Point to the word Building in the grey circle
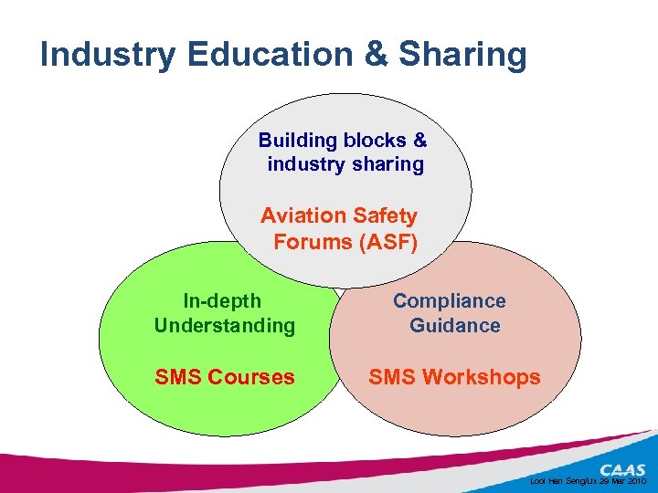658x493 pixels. pyautogui.click(x=298, y=141)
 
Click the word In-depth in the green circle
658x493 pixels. pyautogui.click(x=222, y=301)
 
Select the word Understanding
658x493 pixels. pyautogui.click(x=225, y=326)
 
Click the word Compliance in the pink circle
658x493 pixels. pyautogui.click(x=450, y=301)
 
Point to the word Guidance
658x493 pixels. pyautogui.click(x=455, y=326)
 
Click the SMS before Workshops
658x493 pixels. pyautogui.click(x=392, y=377)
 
